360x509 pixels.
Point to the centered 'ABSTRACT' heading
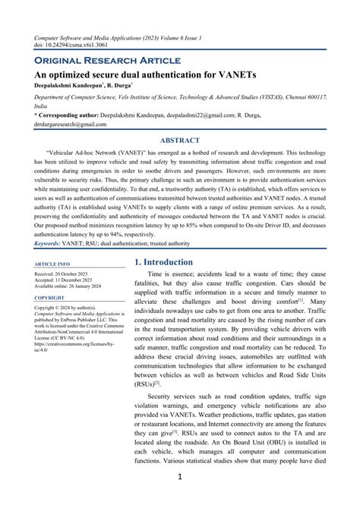coord(179,141)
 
